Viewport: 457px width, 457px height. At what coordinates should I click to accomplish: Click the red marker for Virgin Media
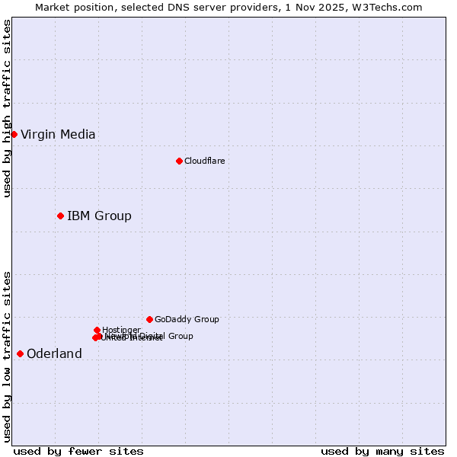(14, 134)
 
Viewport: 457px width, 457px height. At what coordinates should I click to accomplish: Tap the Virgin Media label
(58, 135)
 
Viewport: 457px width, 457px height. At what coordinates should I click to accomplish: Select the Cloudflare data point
(179, 161)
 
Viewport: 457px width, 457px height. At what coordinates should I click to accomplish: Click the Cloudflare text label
(204, 161)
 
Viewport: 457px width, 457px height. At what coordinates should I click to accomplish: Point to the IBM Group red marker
(60, 216)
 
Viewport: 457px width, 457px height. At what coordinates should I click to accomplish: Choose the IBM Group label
(99, 216)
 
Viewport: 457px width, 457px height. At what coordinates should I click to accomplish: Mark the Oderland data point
(20, 353)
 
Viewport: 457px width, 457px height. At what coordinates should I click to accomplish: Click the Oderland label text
(54, 354)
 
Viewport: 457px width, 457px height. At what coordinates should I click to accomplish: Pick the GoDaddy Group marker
(149, 319)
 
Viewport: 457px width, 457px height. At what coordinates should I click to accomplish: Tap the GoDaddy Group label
(187, 319)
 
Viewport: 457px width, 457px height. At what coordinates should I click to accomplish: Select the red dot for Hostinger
(97, 330)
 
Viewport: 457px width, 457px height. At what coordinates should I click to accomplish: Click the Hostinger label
(121, 330)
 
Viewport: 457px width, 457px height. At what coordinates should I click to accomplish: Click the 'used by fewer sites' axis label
(78, 451)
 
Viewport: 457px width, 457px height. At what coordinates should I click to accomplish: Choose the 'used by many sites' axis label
(382, 451)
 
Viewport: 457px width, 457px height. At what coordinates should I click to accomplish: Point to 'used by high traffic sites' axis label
(7, 108)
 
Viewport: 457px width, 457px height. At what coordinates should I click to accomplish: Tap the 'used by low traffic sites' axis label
(7, 356)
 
